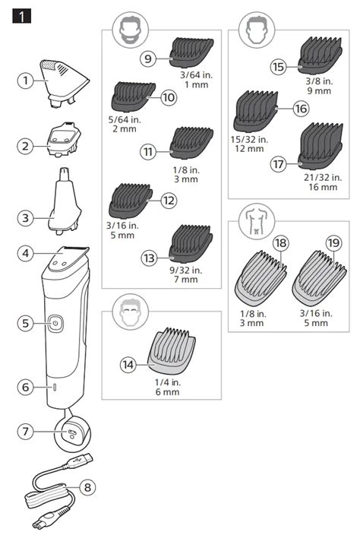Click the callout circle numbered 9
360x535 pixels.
[x=148, y=59]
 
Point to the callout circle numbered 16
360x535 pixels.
[x=301, y=109]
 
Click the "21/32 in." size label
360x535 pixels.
[x=323, y=177]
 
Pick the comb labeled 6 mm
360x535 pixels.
[x=172, y=351]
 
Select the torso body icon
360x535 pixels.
[x=257, y=222]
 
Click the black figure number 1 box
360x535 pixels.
[x=21, y=16]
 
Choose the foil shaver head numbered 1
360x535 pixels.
[x=65, y=84]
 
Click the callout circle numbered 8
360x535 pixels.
[x=87, y=487]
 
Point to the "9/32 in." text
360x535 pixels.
[x=186, y=271]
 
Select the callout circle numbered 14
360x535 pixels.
[x=128, y=365]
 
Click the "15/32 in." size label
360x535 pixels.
[x=249, y=140]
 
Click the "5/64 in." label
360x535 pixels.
[x=125, y=120]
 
